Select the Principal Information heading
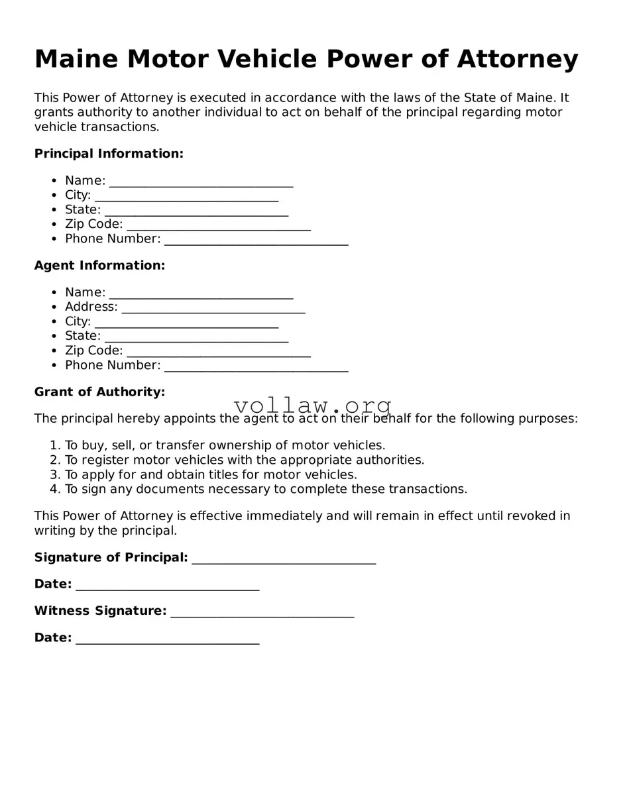pos(109,154)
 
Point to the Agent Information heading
pos(99,266)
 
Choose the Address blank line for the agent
pos(213,309)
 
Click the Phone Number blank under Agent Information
pos(256,367)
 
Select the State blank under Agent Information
pos(196,338)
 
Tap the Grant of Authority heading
pos(99,392)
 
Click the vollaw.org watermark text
pos(313,405)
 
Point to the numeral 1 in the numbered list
pos(54,446)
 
